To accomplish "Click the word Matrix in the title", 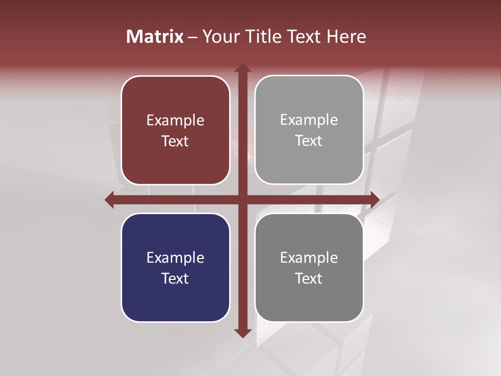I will click(154, 37).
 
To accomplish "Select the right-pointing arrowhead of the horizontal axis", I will click(374, 199).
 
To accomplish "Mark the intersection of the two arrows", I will click(242, 199).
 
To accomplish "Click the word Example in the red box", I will click(175, 121).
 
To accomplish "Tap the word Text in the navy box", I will click(175, 278).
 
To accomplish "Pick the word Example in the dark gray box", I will click(309, 257).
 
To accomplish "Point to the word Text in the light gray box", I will click(309, 140).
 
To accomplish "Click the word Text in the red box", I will click(175, 141).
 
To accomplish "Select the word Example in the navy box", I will click(175, 257).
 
